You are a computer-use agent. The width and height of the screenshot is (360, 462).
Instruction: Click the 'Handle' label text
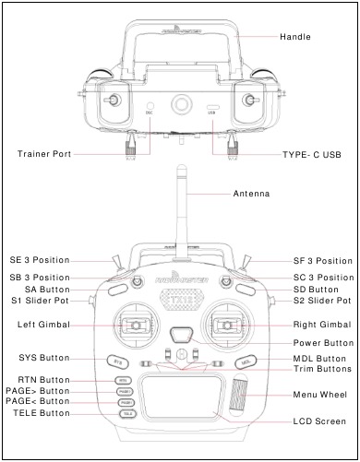click(295, 37)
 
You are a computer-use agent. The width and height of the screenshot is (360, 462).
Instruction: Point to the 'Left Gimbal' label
click(43, 325)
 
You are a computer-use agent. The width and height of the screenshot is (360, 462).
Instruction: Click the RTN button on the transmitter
click(122, 380)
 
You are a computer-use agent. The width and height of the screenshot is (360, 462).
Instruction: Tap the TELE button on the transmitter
click(127, 414)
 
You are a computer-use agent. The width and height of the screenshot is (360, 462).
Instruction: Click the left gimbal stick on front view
click(135, 325)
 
